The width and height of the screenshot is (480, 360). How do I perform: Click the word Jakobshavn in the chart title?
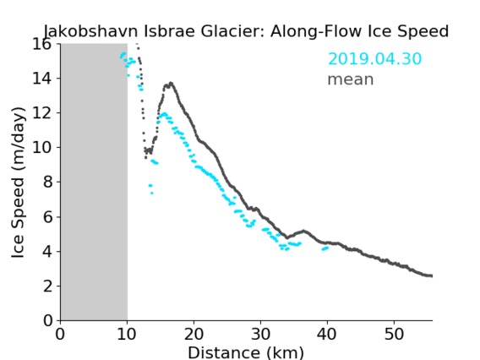91,31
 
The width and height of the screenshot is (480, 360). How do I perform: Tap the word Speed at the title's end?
423,31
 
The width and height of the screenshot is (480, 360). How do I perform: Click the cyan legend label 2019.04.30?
374,58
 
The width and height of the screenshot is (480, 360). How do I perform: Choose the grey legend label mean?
351,79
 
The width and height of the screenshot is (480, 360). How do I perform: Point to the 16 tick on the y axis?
42,44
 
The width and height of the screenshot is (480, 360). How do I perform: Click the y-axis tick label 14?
42,79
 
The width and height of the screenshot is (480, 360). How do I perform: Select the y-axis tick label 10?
42,148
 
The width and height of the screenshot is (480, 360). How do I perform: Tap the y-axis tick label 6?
47,216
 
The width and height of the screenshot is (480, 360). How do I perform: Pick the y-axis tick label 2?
47,286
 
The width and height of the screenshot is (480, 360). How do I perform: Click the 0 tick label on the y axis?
47,320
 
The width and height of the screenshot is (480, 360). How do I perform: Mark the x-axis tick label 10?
127,334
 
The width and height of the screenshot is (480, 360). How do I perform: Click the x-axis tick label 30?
260,334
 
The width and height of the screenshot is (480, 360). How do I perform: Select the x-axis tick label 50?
394,334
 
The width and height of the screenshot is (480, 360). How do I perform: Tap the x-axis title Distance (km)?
246,352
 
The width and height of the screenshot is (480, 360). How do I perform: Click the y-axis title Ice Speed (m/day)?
18,183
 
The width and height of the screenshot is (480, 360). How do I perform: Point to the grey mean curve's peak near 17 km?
171,83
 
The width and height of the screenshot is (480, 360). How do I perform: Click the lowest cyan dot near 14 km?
151,194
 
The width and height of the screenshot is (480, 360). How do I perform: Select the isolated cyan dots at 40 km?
325,248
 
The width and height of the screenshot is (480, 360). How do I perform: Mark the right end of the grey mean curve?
431,275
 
